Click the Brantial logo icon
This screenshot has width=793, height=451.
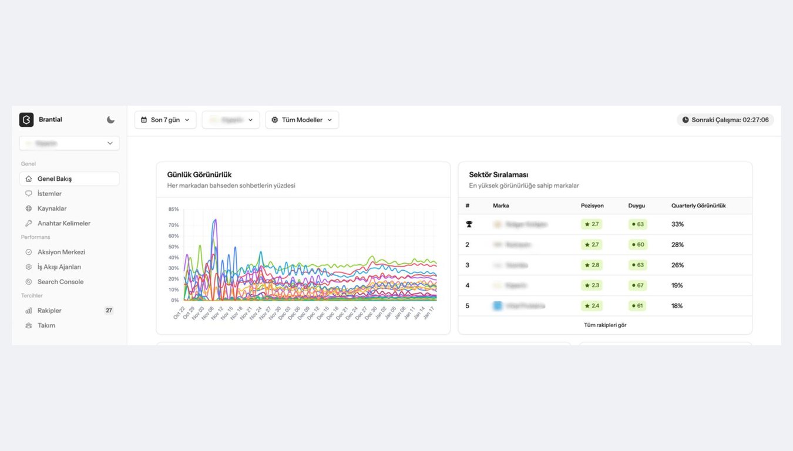coord(26,120)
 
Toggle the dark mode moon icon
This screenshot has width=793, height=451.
coord(110,120)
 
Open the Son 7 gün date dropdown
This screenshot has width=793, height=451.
coord(165,120)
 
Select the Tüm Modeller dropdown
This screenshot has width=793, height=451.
coord(302,120)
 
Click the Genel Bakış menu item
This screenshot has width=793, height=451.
coord(55,179)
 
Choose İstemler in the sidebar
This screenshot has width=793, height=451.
coord(49,194)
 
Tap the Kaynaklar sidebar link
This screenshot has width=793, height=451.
coord(52,208)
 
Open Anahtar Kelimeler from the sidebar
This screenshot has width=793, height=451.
coord(63,223)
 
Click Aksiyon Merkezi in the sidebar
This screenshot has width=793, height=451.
coord(61,252)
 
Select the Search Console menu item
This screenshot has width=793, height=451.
coord(60,282)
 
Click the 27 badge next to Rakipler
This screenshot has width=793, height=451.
coord(109,311)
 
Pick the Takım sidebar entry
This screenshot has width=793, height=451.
coord(46,325)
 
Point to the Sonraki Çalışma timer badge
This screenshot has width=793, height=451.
coord(725,120)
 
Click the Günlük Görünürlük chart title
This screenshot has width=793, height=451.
coord(199,174)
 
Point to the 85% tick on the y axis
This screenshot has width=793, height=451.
coord(173,209)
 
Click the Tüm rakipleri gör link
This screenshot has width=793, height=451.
coord(605,325)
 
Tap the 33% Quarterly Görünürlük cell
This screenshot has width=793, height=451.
coord(677,224)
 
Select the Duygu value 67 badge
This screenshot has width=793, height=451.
coord(637,285)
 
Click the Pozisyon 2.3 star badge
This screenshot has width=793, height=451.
coord(592,285)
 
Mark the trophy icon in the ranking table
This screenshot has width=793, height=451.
coord(469,224)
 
